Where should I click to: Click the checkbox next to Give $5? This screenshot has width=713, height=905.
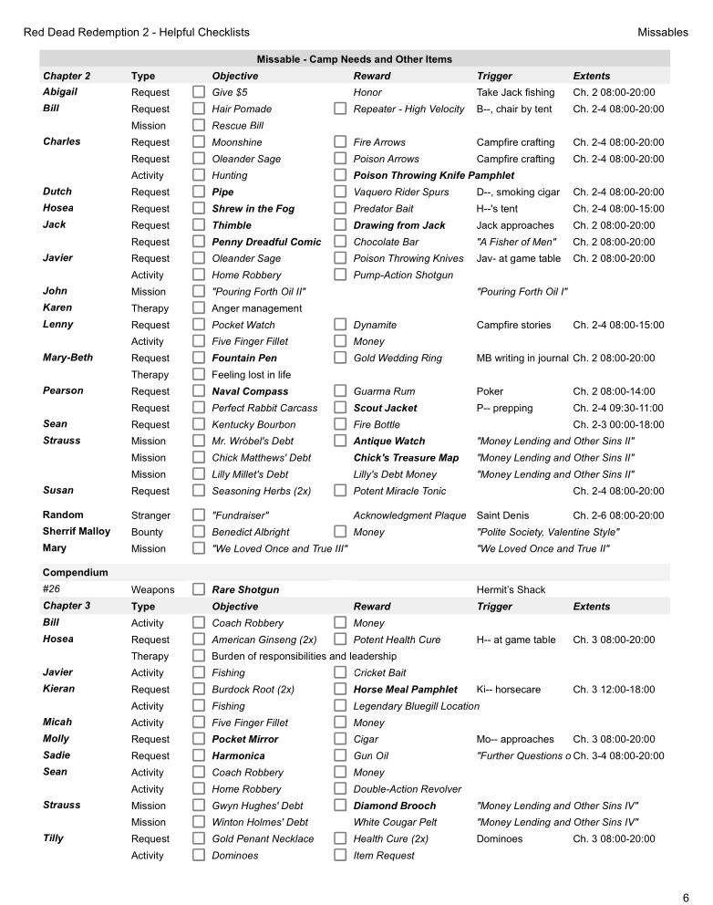[198, 92]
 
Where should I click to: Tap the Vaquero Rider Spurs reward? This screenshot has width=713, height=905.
[400, 192]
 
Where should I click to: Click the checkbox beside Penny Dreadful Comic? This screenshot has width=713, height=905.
[198, 242]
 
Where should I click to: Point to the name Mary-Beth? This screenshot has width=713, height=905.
[67, 358]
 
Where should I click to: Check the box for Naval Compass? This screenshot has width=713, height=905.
[198, 391]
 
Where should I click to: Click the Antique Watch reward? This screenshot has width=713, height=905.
[388, 442]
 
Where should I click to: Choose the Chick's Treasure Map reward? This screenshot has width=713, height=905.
[406, 458]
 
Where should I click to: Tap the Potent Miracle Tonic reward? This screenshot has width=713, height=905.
[399, 491]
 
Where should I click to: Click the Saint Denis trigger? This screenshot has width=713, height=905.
[502, 515]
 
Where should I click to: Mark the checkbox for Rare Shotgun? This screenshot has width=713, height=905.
[198, 590]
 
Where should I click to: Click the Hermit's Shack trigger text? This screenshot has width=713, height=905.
[511, 590]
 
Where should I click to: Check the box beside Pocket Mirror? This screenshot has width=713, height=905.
[198, 739]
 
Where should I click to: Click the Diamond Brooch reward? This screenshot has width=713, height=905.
[394, 806]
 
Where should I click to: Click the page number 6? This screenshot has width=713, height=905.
[685, 898]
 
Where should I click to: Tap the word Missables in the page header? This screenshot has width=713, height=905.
[663, 32]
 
